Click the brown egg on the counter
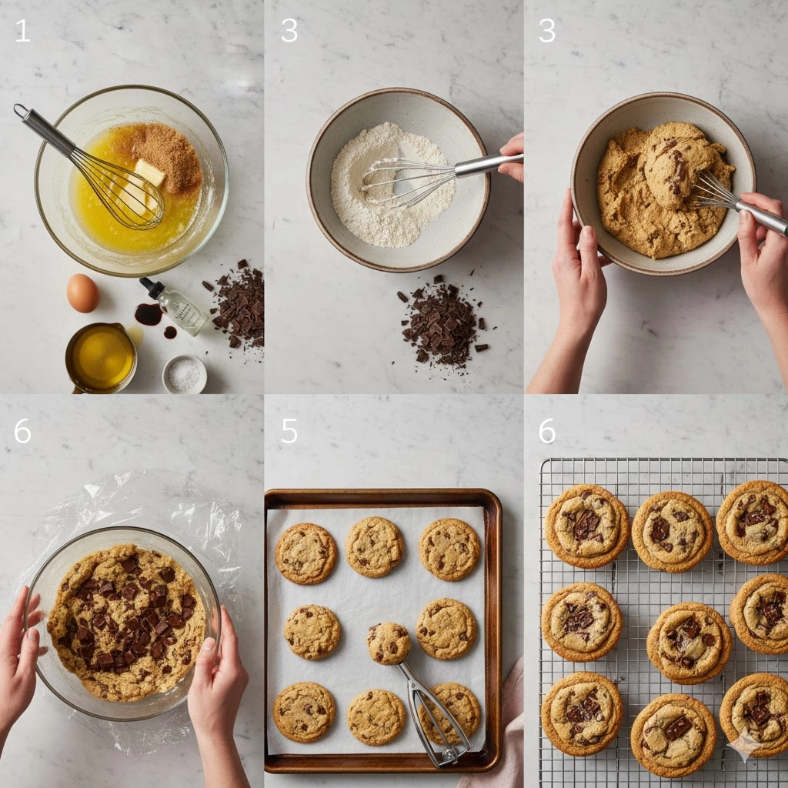tap(83, 293)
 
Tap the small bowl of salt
tap(185, 374)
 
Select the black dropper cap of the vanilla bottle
tap(152, 288)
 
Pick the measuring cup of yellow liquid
tap(102, 357)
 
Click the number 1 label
tap(23, 31)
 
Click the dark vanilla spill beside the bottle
tap(149, 315)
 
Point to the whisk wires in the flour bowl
tap(408, 180)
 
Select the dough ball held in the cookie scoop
tap(388, 643)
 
